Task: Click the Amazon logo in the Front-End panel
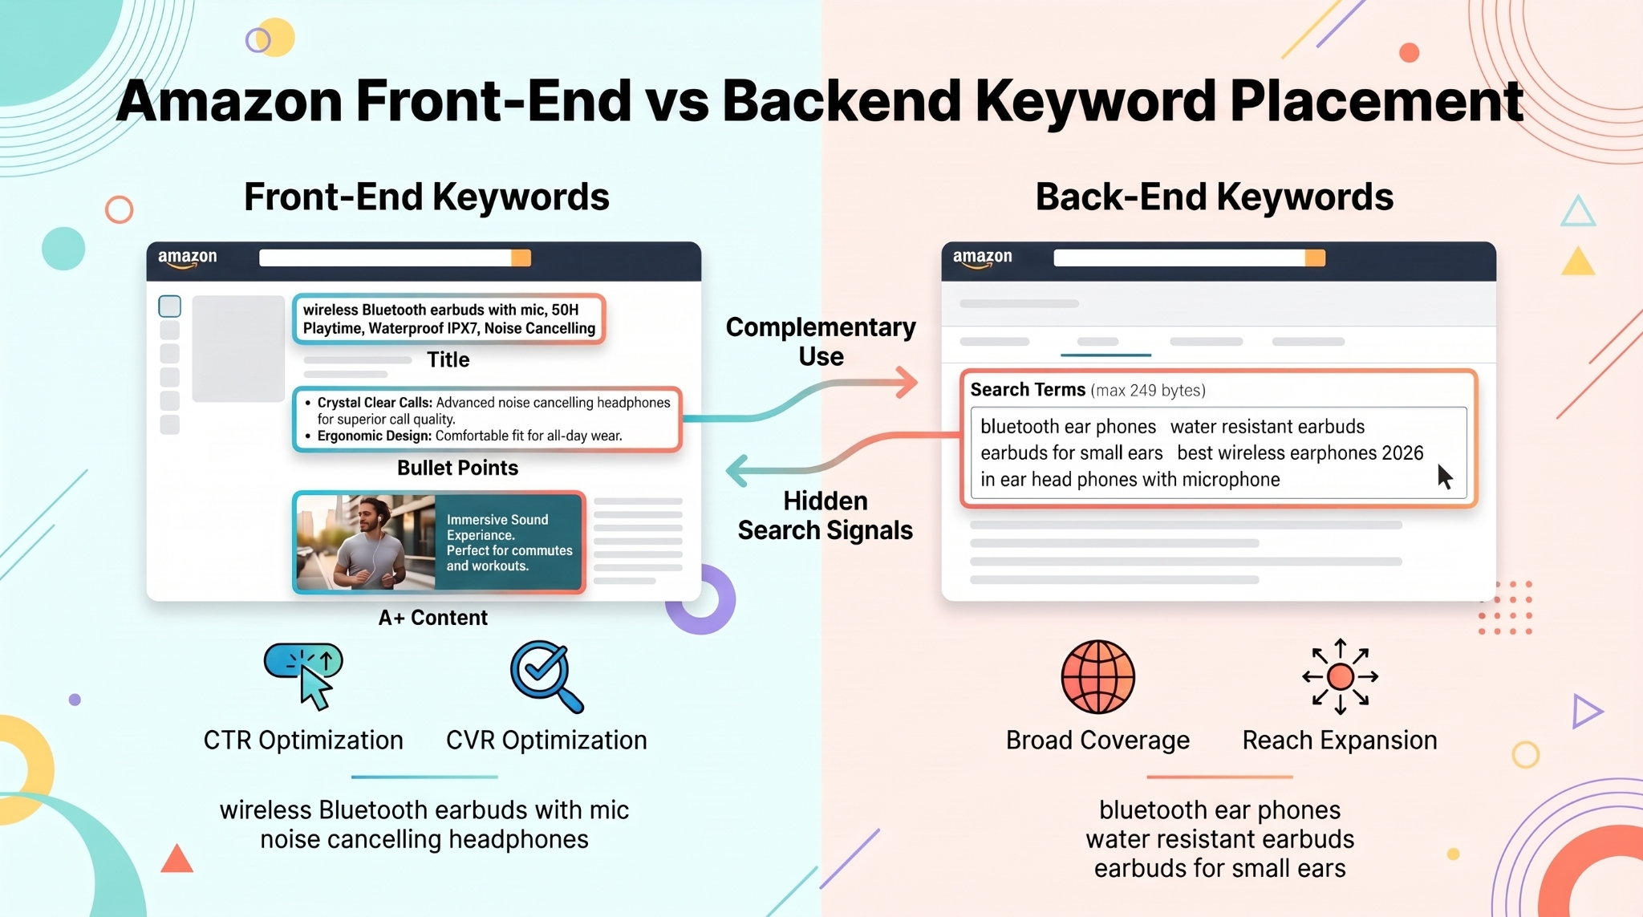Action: pos(187,258)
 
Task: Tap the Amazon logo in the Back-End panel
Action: pos(982,258)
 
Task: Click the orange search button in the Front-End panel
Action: pos(521,258)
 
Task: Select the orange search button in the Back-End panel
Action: pos(1315,258)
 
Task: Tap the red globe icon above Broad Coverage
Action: pos(1097,676)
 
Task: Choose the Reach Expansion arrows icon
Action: pos(1340,676)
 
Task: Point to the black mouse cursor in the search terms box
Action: pos(1445,477)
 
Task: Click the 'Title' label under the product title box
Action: pos(448,359)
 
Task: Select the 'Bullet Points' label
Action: pos(457,468)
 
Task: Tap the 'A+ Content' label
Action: pos(432,618)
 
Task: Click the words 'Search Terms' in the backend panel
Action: pos(1028,390)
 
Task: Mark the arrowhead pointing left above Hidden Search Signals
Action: pos(736,471)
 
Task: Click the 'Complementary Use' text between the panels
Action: pos(821,342)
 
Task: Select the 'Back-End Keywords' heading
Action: pos(1214,197)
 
